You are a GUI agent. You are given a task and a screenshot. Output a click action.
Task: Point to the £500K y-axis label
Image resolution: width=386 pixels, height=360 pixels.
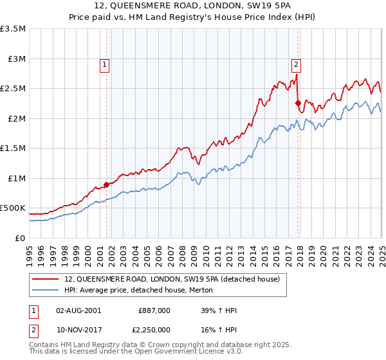click(14, 208)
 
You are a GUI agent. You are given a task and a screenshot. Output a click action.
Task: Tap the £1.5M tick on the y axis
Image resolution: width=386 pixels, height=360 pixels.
click(14, 148)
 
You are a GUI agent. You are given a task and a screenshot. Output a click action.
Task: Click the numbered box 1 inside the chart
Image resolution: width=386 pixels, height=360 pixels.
click(104, 64)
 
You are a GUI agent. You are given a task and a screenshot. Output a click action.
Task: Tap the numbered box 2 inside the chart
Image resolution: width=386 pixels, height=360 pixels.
click(296, 64)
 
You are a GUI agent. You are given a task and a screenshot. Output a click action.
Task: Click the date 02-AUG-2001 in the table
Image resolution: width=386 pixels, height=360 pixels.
click(79, 310)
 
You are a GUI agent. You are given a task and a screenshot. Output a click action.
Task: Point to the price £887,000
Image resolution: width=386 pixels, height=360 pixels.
click(154, 310)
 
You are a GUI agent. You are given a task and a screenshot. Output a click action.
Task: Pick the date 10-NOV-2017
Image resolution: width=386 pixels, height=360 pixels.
click(79, 330)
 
